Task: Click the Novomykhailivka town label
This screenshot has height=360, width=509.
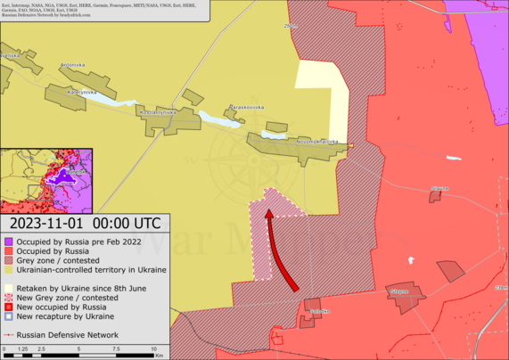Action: [318, 141]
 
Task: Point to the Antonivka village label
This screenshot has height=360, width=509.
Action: [71, 65]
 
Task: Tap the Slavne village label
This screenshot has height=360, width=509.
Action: [439, 189]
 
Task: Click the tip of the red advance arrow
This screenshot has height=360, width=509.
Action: [267, 210]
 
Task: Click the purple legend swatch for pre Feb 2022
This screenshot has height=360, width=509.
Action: [8, 241]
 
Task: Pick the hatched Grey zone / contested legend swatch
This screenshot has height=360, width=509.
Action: [8, 260]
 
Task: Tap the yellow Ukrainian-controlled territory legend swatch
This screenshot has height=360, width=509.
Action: [8, 270]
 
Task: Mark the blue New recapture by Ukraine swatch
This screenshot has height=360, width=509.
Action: [8, 316]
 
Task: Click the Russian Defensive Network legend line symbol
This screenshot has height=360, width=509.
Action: [8, 335]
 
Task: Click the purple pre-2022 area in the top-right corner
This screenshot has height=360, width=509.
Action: [486, 27]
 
